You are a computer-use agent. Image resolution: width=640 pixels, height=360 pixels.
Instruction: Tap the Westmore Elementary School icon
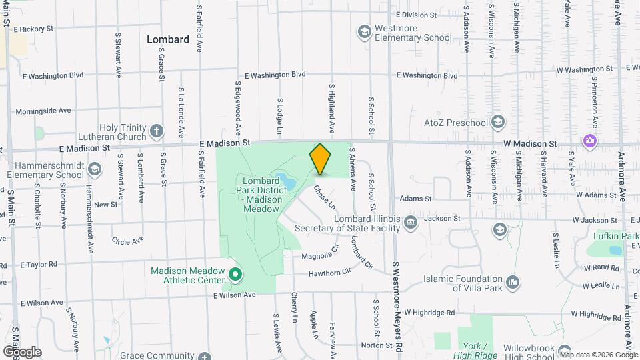(364, 31)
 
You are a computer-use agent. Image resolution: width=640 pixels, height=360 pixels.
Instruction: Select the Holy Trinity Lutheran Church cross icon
(156, 131)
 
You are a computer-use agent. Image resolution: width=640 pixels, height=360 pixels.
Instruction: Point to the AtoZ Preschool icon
(497, 122)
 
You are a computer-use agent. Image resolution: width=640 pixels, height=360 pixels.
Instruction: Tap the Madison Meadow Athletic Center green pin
(235, 274)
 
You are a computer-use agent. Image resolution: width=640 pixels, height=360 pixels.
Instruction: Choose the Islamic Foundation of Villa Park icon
(513, 282)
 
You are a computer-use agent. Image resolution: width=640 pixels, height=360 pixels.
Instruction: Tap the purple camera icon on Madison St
(589, 140)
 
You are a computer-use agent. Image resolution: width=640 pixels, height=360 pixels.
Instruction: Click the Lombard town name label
(168, 39)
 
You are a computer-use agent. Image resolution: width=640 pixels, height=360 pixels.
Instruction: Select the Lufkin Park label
(615, 236)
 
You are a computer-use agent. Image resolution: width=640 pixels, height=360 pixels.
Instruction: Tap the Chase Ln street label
(325, 197)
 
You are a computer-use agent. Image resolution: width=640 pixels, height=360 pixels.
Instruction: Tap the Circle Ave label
(127, 241)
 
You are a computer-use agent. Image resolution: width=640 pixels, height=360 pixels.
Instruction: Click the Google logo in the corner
(22, 351)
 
